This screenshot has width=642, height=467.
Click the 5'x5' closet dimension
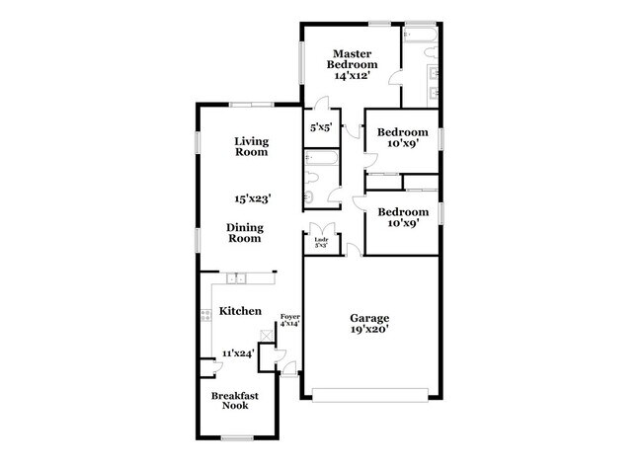coord(320,127)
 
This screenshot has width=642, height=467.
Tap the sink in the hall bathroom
coord(307,198)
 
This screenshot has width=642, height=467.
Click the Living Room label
coord(251,147)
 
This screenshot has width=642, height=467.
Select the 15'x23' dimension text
coord(252,198)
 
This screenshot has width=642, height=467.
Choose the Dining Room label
coord(245,232)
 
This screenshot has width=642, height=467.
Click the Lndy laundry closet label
coord(321,241)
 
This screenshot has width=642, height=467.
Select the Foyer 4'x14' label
coord(289,320)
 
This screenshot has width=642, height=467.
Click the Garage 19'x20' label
coord(369,324)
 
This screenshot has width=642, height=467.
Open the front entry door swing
coord(287,369)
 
